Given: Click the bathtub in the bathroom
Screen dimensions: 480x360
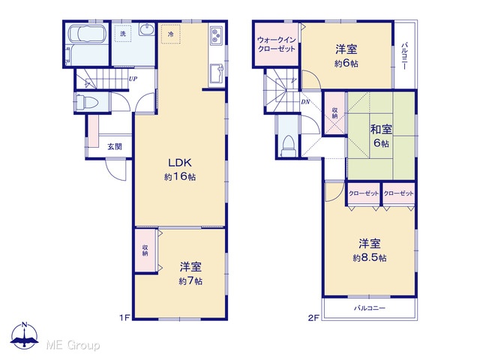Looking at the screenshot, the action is pos(87,34).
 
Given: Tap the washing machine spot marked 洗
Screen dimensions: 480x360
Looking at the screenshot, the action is pos(123,33).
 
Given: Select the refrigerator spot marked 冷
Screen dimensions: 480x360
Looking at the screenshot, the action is pos(170,34).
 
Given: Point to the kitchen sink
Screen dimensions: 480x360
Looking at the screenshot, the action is pos(217,73).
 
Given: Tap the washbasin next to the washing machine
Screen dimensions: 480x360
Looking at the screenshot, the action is pos(147,30).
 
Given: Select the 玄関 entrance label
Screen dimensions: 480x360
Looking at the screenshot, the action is pos(115,147).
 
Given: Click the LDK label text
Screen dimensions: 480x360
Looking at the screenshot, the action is pos(180,163).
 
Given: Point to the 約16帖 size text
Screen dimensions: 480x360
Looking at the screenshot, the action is pos(180,177).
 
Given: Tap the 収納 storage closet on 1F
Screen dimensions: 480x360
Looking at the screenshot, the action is pos(145,250).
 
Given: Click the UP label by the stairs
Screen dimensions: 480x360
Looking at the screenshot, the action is pos(133,79).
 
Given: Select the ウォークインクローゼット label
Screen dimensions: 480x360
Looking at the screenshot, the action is pos(277,44).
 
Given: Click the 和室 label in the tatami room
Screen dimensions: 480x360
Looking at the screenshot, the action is pos(381,130).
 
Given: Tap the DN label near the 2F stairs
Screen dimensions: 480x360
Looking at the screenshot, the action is pos(305,102).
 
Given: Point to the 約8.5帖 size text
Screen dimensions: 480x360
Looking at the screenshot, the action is pos(370,258).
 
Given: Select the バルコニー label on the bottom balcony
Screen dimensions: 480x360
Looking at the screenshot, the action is pos(370,308).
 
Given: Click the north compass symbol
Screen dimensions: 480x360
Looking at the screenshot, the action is pos(25,336).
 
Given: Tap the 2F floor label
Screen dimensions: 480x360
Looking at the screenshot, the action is pos(313,318).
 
